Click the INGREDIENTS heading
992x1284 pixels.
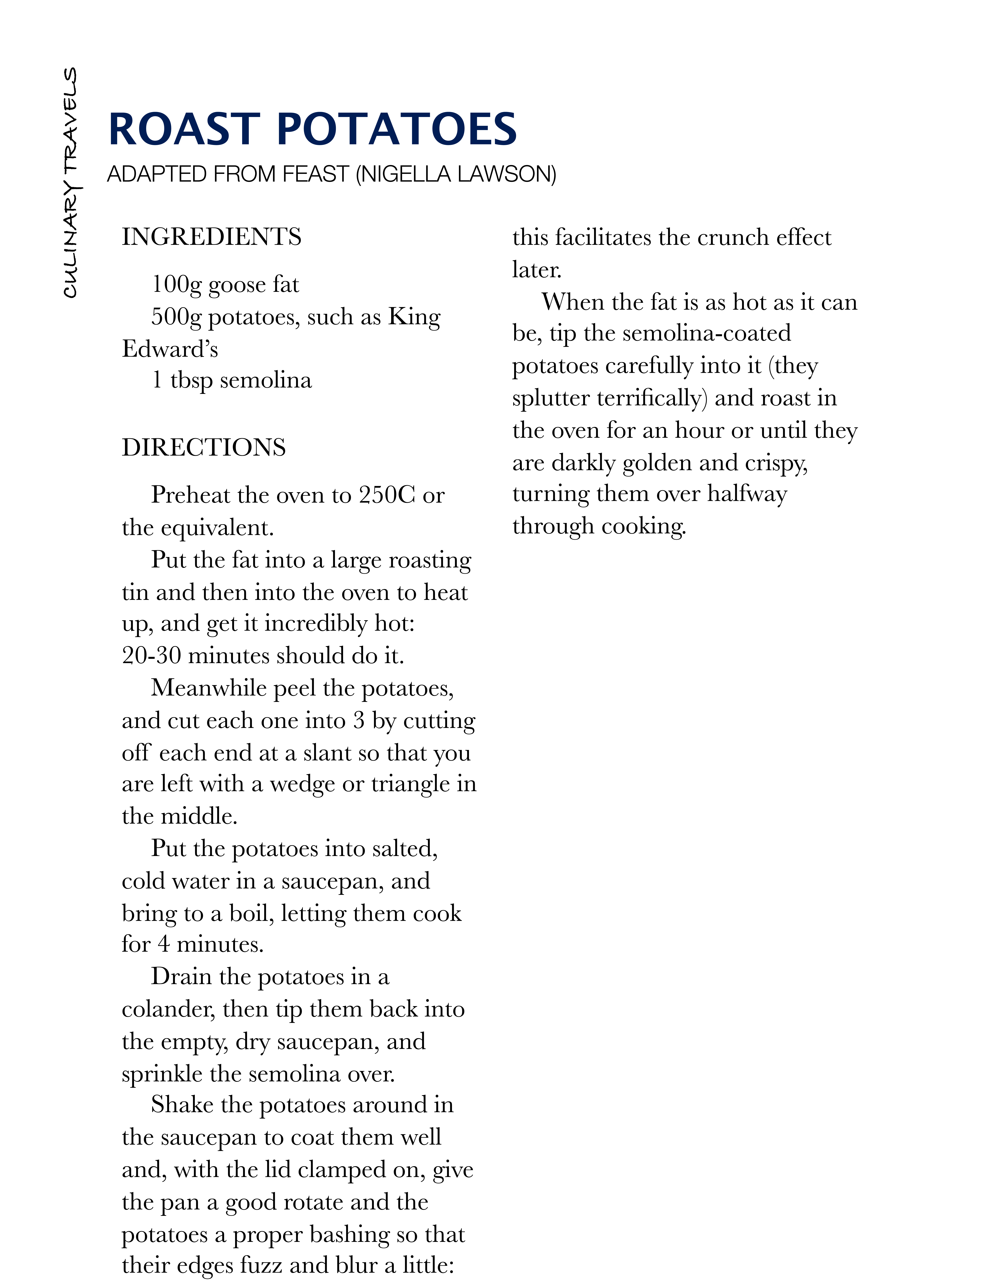212,237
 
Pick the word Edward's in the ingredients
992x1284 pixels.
170,349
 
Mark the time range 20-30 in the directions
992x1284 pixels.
152,655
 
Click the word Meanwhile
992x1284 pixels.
209,688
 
